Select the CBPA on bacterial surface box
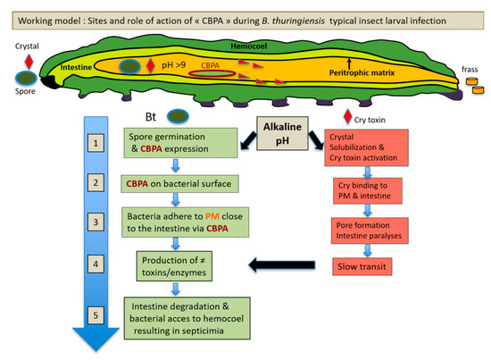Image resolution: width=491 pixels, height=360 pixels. pos(176,184)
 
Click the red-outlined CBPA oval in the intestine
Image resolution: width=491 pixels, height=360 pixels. pos(212,71)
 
